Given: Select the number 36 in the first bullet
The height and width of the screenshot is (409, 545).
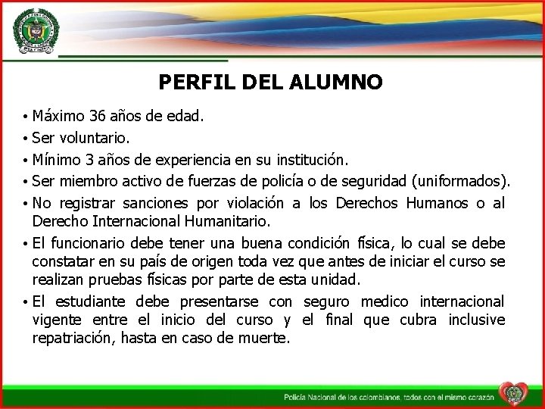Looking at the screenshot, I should [x=98, y=117].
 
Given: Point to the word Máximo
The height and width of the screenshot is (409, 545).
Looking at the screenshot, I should [x=58, y=117].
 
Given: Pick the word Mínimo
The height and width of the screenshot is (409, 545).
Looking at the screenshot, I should [x=58, y=161].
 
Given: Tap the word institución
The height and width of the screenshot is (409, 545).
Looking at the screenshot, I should [x=310, y=161].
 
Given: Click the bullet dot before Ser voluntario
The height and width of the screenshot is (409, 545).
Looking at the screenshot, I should [x=26, y=139].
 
